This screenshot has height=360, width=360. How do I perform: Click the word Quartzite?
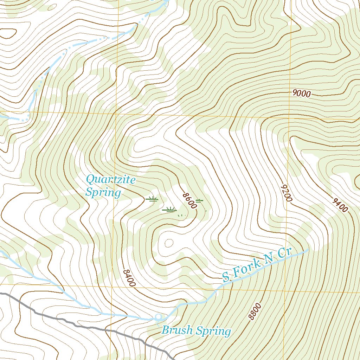point(111,180)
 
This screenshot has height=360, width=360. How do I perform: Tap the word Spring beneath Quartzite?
point(103,193)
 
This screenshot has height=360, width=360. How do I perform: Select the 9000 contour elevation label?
point(301,94)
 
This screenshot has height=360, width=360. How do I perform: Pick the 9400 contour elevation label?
point(340,205)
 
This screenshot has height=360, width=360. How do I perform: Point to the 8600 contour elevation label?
point(189,201)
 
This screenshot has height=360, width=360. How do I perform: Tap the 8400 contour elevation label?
point(129,278)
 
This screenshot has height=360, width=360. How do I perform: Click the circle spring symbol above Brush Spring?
point(158,317)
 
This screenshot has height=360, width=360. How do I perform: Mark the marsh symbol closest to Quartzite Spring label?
point(152,199)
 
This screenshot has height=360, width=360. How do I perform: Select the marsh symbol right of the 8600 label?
point(199,200)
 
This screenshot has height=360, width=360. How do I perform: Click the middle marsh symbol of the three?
point(169,210)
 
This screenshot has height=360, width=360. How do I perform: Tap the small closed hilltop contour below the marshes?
point(169,243)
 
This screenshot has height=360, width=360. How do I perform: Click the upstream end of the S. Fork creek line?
point(308,250)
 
